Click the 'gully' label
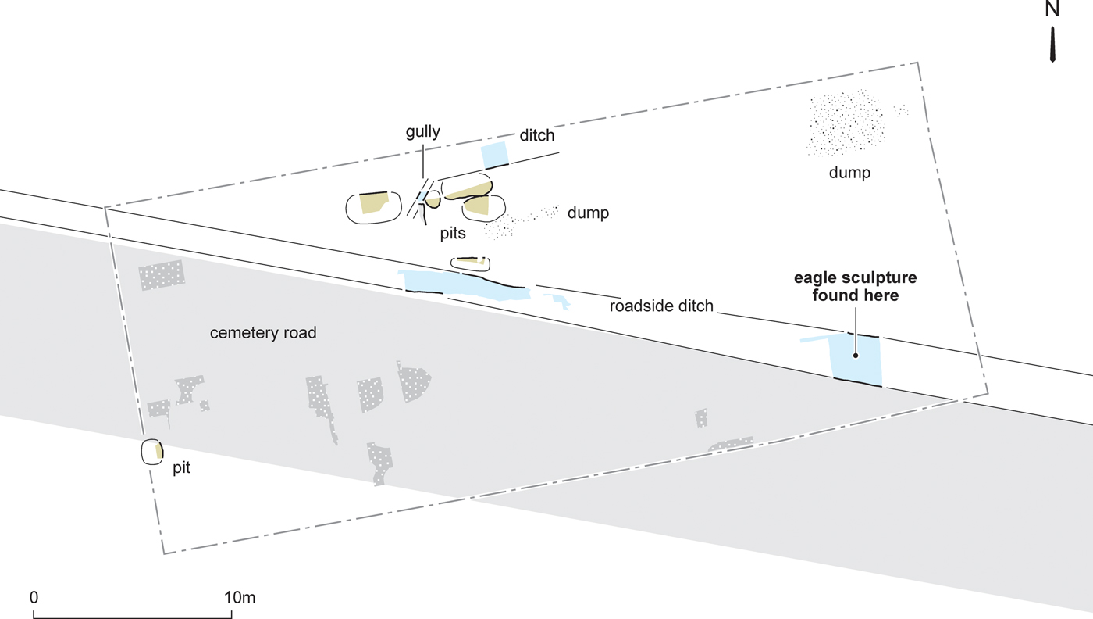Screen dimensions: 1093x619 (422, 132)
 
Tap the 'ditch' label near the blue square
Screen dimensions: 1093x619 (537, 135)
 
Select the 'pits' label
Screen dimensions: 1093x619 (453, 234)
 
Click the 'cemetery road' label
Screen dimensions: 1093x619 (263, 333)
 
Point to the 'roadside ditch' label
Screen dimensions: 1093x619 (661, 306)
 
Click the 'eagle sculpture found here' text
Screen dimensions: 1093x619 (856, 286)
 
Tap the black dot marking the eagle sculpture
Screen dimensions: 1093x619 (856, 356)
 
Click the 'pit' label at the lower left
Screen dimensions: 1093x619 (181, 468)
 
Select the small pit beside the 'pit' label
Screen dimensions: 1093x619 (152, 452)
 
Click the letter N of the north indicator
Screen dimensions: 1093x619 (1052, 9)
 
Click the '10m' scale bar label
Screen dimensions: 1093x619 (240, 597)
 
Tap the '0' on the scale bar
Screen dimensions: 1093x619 (34, 597)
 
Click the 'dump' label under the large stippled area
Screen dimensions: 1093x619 (849, 173)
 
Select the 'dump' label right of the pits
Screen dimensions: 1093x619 (588, 213)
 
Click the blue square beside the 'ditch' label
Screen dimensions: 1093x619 (495, 155)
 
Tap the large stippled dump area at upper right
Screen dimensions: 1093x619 (845, 123)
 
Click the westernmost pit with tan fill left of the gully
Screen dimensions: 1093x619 (374, 208)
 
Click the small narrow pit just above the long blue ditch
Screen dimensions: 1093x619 (470, 264)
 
